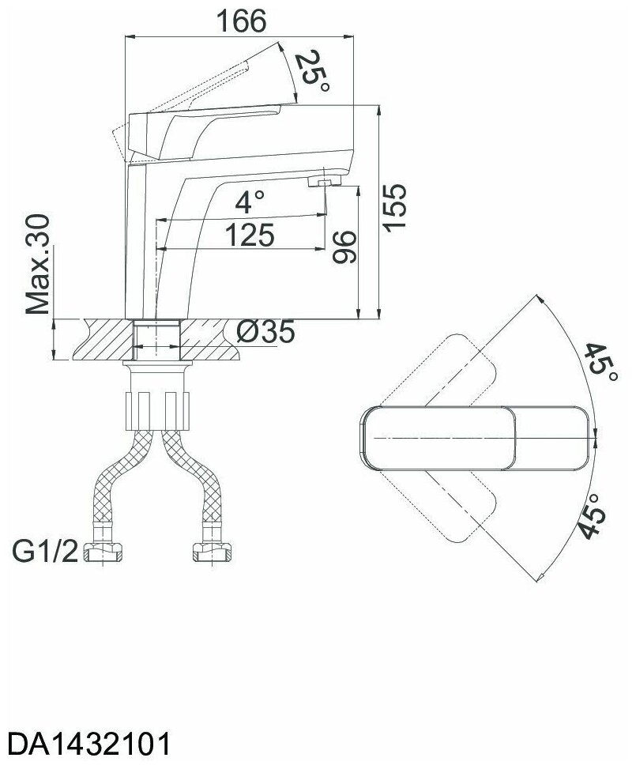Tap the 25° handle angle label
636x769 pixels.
tap(310, 72)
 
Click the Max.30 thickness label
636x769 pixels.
tap(39, 264)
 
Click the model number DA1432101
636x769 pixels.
tap(88, 744)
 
